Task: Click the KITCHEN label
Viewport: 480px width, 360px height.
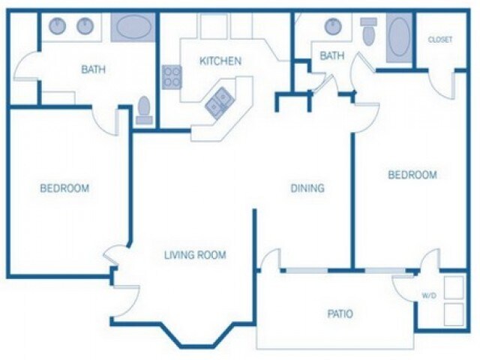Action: (220, 61)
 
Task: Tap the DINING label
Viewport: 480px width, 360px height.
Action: (307, 188)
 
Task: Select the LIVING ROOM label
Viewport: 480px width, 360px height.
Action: (195, 255)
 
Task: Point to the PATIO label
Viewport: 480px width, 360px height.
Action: (339, 313)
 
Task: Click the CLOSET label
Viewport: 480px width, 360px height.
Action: (439, 40)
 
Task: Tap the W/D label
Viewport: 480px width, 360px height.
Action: (428, 295)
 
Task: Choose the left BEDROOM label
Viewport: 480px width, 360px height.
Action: (64, 188)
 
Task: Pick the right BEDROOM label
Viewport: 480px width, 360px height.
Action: (412, 175)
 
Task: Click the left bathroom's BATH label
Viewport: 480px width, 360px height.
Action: (93, 70)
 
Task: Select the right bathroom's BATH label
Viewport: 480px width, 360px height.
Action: (332, 55)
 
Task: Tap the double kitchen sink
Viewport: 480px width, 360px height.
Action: (218, 102)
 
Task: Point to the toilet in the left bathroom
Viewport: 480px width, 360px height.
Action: (145, 110)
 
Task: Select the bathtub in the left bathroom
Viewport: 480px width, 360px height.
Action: (133, 26)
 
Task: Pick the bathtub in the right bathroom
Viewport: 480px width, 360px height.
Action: (399, 37)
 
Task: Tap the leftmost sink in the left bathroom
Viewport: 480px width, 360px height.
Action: (58, 26)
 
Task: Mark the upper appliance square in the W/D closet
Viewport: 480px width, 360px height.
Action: (454, 288)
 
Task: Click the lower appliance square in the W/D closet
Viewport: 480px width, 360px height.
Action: (454, 313)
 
